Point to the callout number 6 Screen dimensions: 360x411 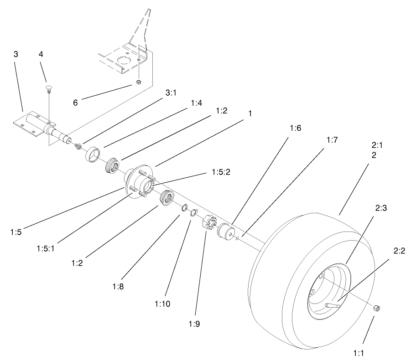coord(76,103)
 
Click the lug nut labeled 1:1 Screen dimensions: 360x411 coord(377,309)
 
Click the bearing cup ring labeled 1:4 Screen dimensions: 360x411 coord(94,154)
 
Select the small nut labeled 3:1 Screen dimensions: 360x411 coord(78,146)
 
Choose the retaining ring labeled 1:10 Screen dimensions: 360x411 coord(193,212)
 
